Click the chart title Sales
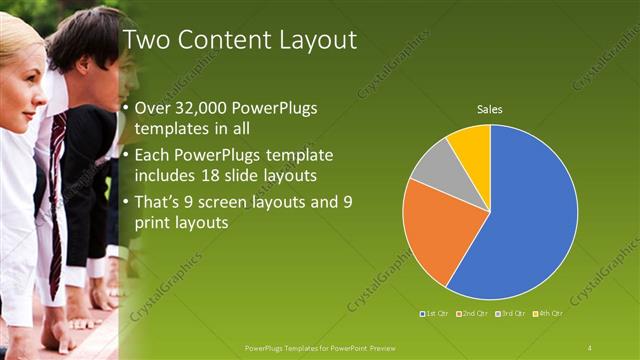pyautogui.click(x=489, y=109)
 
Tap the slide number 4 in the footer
pyautogui.click(x=589, y=347)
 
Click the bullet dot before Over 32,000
pyautogui.click(x=124, y=109)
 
